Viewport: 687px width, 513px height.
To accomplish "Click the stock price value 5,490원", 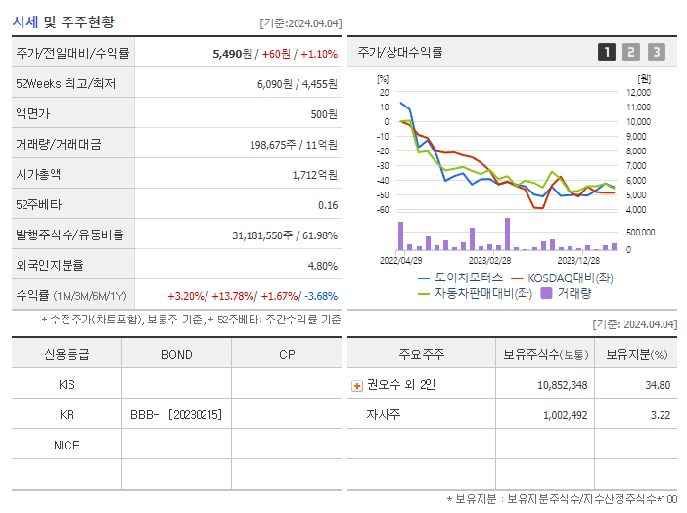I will coord(232,54).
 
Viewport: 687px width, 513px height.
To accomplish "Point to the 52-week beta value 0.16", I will coord(328,205).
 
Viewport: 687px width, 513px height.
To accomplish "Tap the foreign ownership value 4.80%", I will coord(322,265).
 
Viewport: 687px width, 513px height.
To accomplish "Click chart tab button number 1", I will coord(607,52).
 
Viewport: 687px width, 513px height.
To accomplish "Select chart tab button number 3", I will coord(656,52).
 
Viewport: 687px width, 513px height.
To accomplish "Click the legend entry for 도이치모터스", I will coord(461,278).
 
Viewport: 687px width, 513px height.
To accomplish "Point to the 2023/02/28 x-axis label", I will coord(489,260).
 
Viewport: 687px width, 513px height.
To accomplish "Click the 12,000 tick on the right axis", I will coord(638,92).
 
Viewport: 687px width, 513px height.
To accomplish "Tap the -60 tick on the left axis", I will coord(383,210).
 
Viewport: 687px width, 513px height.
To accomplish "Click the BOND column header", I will coord(176,354).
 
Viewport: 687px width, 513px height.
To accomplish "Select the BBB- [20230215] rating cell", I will coord(176,414).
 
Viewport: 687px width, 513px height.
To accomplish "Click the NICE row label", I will coord(67,445).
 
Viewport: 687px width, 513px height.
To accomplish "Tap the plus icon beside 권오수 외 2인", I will coord(356,385).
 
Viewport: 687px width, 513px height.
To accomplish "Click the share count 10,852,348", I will coord(562,385).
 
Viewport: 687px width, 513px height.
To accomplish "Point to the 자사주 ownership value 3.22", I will coord(660,415).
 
